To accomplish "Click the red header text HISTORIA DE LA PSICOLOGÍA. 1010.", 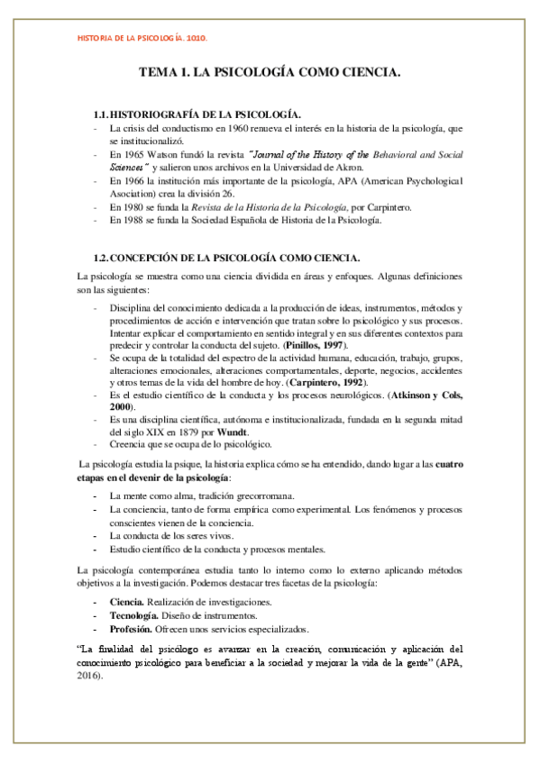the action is pyautogui.click(x=143, y=39).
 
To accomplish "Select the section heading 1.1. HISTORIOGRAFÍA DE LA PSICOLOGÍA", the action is pyautogui.click(x=197, y=114).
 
